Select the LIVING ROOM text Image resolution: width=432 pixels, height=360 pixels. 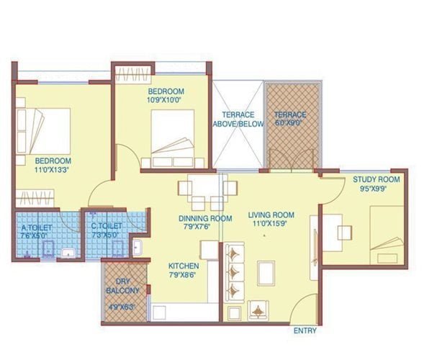point(271,215)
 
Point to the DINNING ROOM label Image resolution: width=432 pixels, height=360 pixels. point(205,218)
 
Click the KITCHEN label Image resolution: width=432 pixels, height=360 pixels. point(184,265)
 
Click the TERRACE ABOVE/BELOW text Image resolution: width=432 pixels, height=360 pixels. point(237,119)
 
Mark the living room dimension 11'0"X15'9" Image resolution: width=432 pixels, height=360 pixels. point(271,224)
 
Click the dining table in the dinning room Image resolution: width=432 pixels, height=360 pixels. point(207,189)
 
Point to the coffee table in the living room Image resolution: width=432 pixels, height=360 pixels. point(266,274)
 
